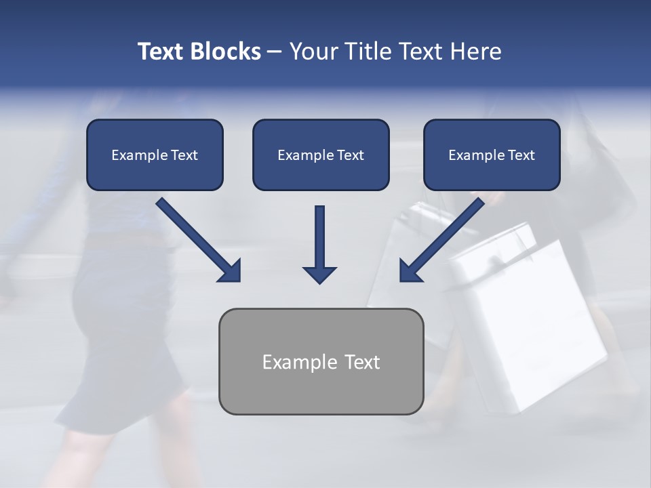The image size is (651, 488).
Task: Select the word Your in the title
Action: (x=313, y=52)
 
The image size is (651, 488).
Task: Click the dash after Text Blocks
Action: (x=275, y=52)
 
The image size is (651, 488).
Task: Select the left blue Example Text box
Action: (x=155, y=155)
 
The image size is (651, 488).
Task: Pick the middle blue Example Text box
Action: (x=321, y=155)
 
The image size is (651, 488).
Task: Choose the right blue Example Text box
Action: (x=492, y=155)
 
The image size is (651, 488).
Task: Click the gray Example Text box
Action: (x=321, y=361)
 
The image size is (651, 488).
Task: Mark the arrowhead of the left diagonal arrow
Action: (x=231, y=271)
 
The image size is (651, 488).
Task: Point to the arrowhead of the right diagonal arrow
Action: (x=410, y=271)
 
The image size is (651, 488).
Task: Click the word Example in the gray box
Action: (x=299, y=362)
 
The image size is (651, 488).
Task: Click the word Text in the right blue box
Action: (x=521, y=155)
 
